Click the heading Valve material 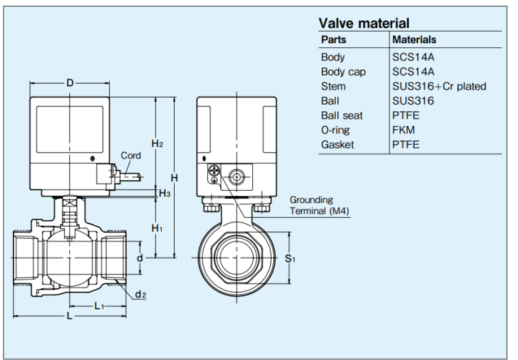[x=364, y=24]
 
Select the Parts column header [x=333, y=40]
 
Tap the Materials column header [x=414, y=40]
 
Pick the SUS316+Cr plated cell [x=439, y=86]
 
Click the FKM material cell [x=403, y=130]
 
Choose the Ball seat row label [x=342, y=115]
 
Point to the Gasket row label [x=337, y=144]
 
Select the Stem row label [x=333, y=86]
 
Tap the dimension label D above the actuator [x=70, y=83]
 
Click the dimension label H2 [x=157, y=144]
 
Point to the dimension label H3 [x=165, y=193]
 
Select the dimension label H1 [x=157, y=228]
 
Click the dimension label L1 [x=99, y=306]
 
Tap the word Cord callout [x=131, y=156]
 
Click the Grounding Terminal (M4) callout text [x=319, y=205]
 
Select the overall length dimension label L [x=69, y=317]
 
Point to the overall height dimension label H [x=174, y=178]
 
